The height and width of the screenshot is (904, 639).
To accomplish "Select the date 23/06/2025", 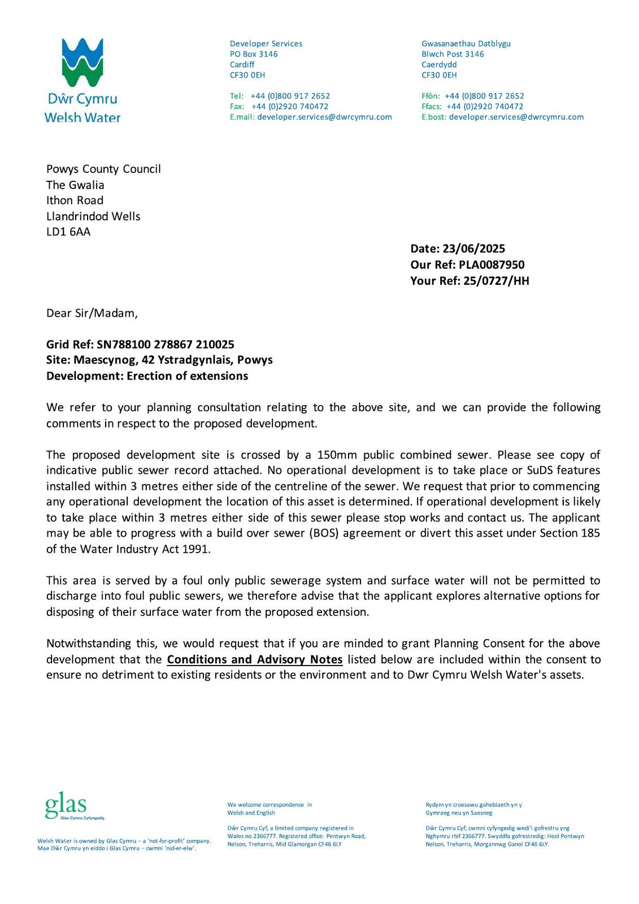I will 473,249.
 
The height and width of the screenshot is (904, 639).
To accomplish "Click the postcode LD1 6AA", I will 68,232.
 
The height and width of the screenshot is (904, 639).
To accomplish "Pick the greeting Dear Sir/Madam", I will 92,313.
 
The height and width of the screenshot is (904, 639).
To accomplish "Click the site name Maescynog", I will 106,360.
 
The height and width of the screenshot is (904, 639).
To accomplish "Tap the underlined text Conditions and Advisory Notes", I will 255,659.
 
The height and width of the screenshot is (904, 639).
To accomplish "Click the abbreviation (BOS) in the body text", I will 324,533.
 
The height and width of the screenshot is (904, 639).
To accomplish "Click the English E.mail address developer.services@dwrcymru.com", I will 324,117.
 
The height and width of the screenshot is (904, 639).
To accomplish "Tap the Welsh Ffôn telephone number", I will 484,96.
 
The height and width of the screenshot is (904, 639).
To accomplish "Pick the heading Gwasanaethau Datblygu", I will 466,44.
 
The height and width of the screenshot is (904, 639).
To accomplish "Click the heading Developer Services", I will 266,44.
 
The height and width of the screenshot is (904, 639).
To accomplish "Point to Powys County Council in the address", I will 103,169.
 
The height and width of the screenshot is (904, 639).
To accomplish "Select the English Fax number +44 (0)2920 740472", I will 290,106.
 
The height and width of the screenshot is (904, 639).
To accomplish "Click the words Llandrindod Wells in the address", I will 93,216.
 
